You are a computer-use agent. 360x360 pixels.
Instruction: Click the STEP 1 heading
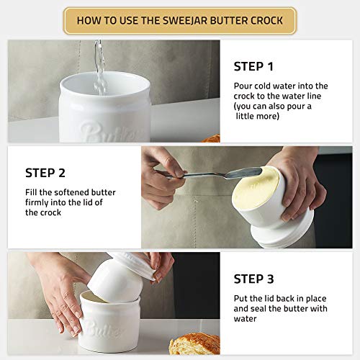click(253, 66)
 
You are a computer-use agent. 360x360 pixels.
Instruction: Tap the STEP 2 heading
click(45, 173)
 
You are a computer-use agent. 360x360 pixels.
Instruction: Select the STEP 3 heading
click(253, 279)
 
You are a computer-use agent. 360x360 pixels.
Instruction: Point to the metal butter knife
click(216, 175)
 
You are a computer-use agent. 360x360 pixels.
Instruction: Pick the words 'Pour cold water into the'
click(280, 86)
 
